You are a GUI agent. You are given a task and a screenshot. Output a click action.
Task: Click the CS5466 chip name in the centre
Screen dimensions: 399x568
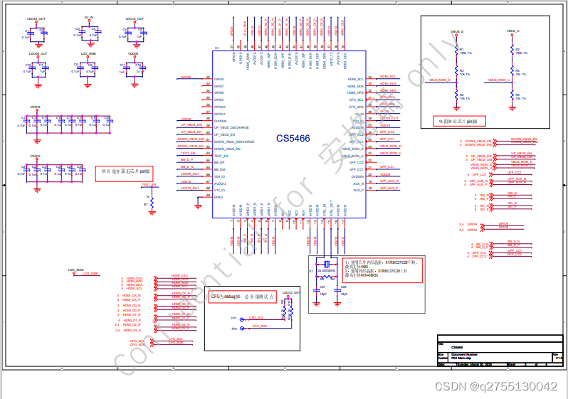tap(293, 138)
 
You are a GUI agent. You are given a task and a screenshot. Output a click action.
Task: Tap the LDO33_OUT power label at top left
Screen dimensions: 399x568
tap(36, 19)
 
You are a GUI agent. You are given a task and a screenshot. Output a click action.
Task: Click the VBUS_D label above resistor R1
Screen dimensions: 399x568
tap(457, 32)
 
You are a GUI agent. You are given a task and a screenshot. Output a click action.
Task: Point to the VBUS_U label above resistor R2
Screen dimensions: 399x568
tap(512, 32)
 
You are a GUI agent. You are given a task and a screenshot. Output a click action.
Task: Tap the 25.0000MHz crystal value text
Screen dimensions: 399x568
tap(325, 270)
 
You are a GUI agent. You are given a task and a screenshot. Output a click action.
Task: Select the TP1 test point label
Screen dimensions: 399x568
tap(233, 317)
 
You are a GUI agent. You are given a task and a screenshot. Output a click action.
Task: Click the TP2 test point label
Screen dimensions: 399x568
tap(233, 329)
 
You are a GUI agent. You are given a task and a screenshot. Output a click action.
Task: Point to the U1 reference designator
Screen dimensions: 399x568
tap(216, 48)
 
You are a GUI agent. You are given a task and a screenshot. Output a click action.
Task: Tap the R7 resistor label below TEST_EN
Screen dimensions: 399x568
tap(145, 204)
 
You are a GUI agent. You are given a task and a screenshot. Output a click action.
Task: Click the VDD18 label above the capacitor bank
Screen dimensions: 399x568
tap(35, 107)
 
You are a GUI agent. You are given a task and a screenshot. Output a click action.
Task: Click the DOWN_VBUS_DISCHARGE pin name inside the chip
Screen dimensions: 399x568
tap(234, 142)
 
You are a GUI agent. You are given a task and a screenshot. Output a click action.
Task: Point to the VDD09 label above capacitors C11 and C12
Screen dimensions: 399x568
tap(133, 53)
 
